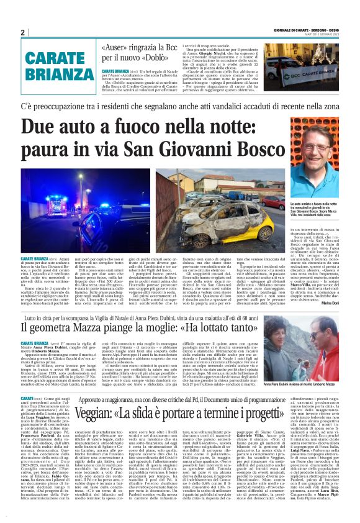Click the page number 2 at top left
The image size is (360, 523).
click(x=22, y=33)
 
